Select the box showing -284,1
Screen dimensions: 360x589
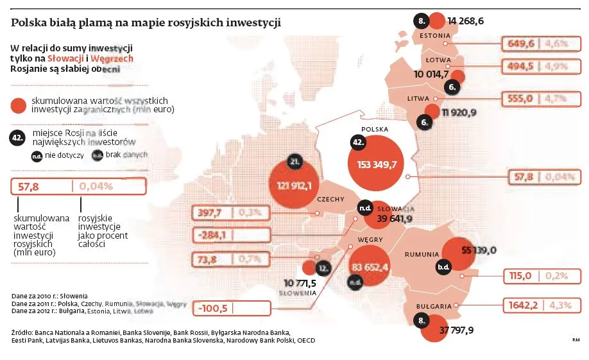(213, 234)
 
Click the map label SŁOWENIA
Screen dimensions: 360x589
(298, 293)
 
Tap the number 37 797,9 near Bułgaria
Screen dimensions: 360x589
(457, 330)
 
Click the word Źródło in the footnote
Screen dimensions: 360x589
(22, 332)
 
